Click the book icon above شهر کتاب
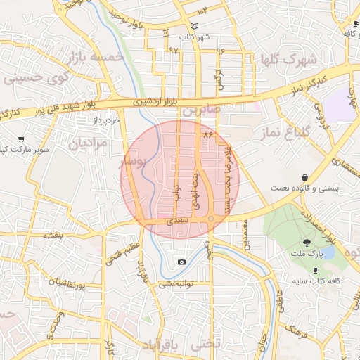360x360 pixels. click(195, 27)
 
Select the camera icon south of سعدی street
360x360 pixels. click(182, 262)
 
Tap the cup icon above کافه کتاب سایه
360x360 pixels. click(316, 271)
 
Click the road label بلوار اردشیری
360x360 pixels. click(157, 102)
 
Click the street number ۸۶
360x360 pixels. click(207, 134)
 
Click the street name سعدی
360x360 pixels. click(176, 221)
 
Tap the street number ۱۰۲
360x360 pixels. click(202, 11)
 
